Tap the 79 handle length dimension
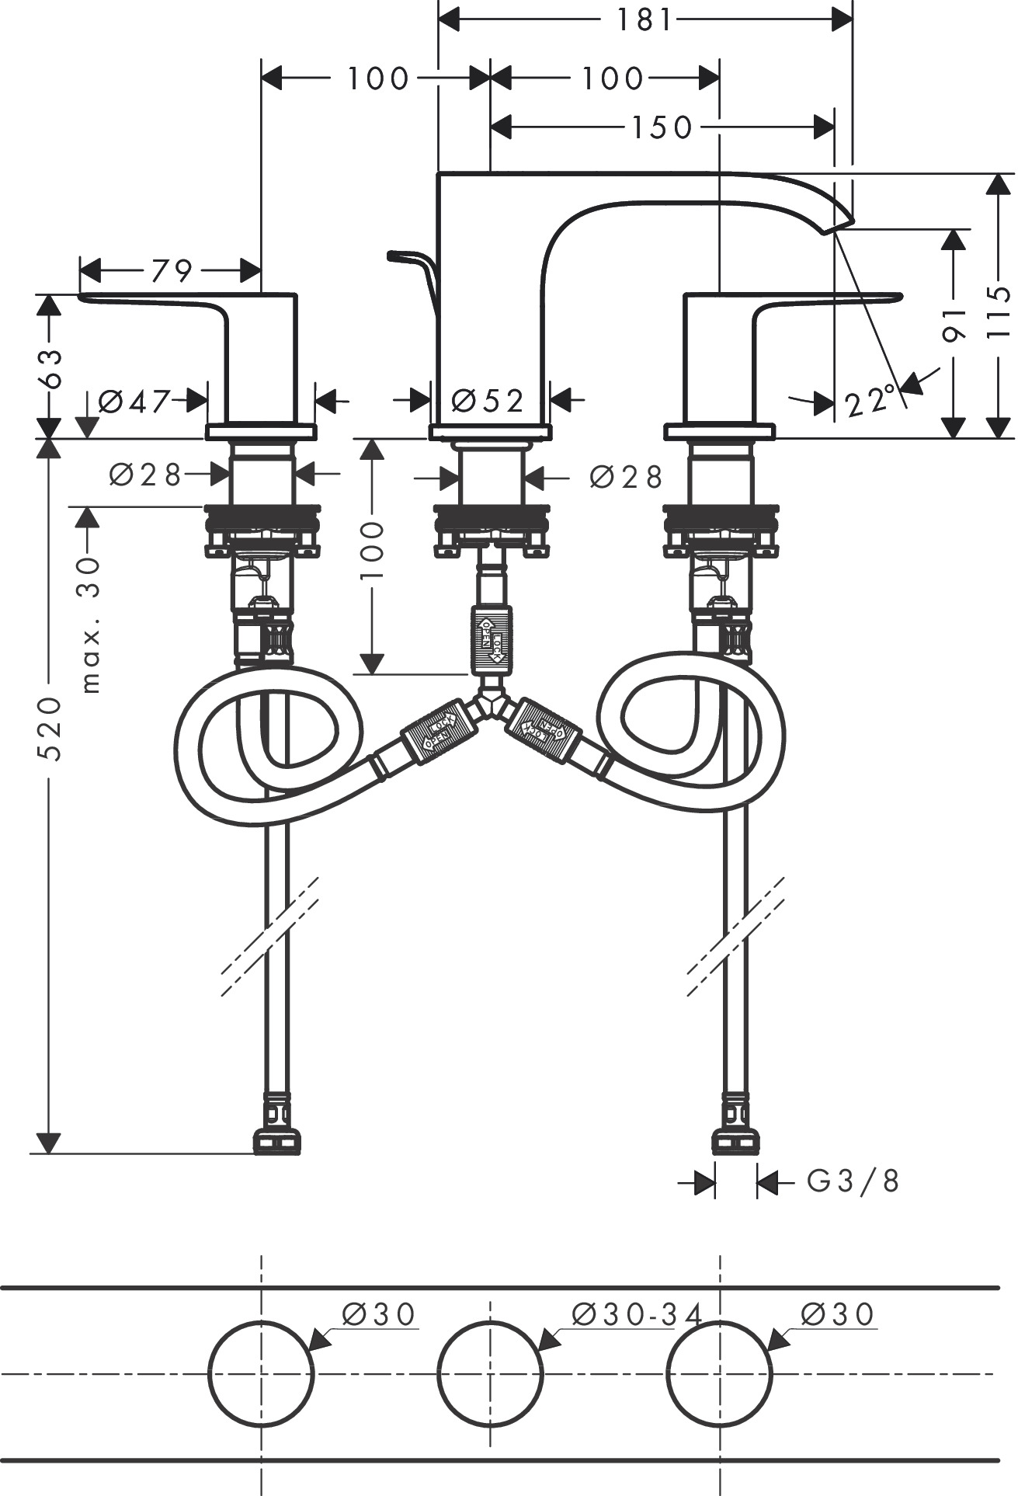[171, 271]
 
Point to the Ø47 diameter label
[134, 401]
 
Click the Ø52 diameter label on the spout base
[488, 401]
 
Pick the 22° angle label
[867, 403]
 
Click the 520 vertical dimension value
[50, 729]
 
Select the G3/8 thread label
[853, 1181]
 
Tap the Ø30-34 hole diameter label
[637, 1314]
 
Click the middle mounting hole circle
[490, 1372]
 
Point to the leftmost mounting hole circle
[261, 1372]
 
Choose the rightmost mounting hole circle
[720, 1372]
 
